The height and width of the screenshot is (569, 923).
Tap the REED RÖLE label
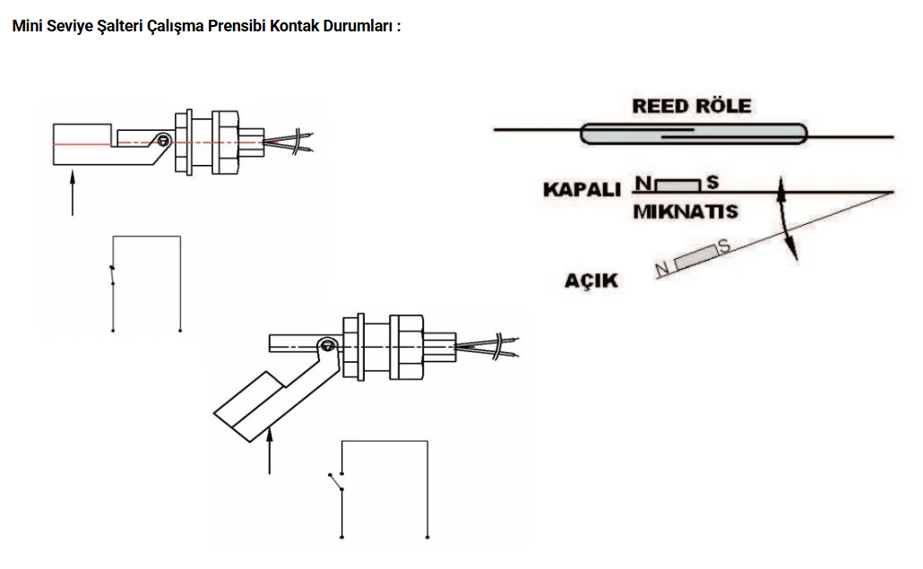coord(692,106)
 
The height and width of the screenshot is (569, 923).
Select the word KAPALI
coord(582,190)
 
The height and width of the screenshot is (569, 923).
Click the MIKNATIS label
coord(685,212)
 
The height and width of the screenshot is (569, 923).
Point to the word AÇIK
coord(591,280)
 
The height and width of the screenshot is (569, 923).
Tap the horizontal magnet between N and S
coord(679,185)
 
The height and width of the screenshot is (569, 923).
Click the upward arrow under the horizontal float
coord(73,194)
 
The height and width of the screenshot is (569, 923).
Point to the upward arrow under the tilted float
coord(270,452)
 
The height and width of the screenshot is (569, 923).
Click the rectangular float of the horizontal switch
coord(82,143)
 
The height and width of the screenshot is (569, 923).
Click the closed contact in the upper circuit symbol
coord(113,275)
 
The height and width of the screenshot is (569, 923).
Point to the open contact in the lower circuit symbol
coord(338,481)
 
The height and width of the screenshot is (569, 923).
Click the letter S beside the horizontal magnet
coord(713,182)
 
